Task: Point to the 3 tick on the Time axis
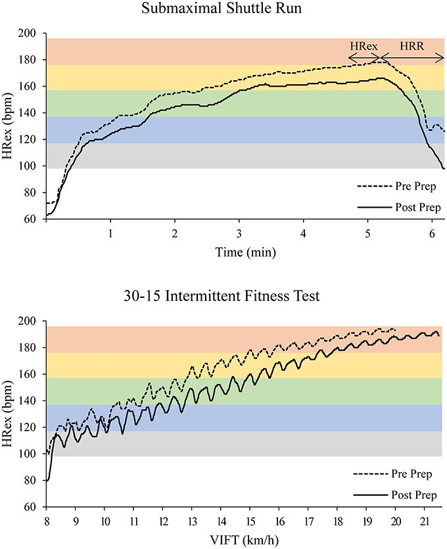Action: (239, 233)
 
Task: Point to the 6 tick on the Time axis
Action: (432, 233)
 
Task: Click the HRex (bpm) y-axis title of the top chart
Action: (9, 126)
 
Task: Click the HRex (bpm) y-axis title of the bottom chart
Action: (9, 414)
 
